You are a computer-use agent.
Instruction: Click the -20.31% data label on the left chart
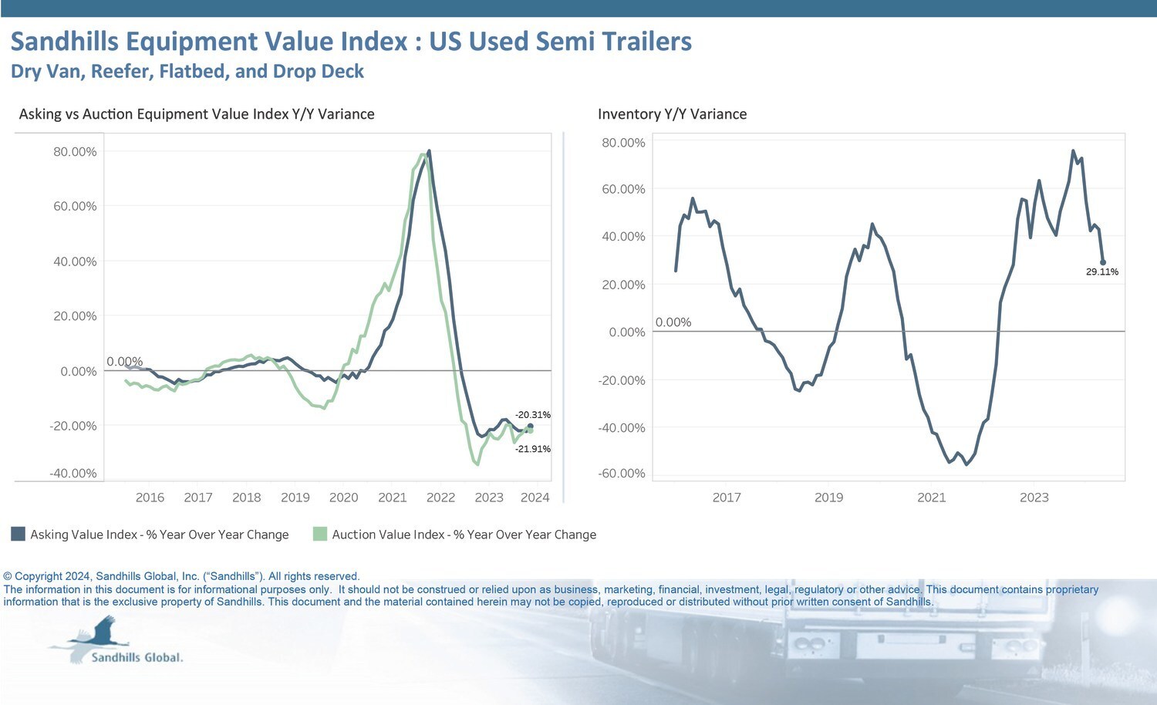click(533, 415)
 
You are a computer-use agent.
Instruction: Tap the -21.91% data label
click(533, 449)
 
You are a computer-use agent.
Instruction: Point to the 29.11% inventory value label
click(1101, 272)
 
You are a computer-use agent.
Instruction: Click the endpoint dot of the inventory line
click(1103, 262)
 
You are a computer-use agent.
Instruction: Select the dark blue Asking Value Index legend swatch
click(18, 534)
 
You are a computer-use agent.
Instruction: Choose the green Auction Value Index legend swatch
click(320, 534)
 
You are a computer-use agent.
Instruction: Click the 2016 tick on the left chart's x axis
click(150, 498)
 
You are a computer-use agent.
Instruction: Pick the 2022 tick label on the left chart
click(440, 498)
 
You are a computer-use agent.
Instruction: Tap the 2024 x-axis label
click(535, 498)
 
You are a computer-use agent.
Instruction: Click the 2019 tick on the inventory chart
click(828, 498)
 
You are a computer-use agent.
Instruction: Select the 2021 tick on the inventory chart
click(931, 498)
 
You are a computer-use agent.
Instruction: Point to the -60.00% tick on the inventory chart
click(621, 474)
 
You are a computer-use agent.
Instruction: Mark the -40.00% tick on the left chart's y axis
click(73, 474)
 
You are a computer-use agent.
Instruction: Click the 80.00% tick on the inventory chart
click(623, 143)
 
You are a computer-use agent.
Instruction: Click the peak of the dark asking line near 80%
click(429, 151)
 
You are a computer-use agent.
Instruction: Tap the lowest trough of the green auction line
click(477, 464)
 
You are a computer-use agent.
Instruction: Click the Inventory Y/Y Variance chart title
click(672, 114)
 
